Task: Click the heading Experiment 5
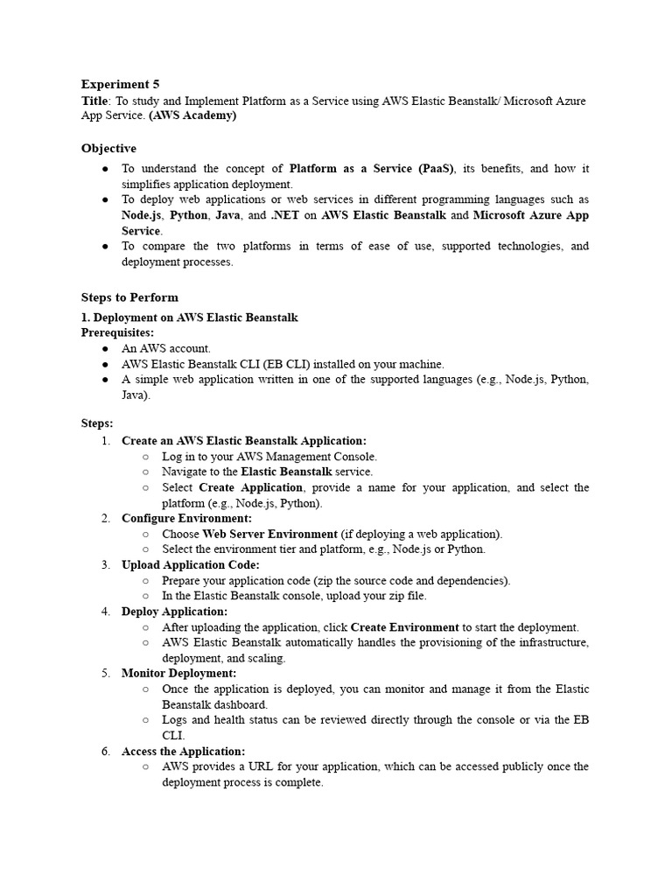[x=120, y=85]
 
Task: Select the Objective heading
[x=108, y=149]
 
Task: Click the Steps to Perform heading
[x=129, y=297]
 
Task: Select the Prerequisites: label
[x=117, y=332]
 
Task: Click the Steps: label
[x=97, y=423]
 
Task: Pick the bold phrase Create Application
[x=251, y=487]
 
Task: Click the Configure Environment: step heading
[x=186, y=519]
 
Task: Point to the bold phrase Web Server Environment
[x=269, y=534]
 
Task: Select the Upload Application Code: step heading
[x=190, y=565]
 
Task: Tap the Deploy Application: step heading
[x=174, y=612]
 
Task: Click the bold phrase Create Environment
[x=404, y=627]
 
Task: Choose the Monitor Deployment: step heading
[x=178, y=674]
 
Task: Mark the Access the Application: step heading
[x=183, y=752]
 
